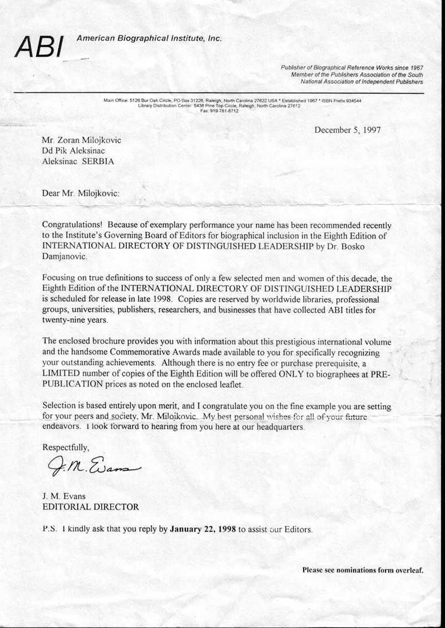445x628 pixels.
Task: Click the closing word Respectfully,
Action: pyautogui.click(x=65, y=447)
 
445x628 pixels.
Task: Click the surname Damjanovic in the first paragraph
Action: pyautogui.click(x=66, y=256)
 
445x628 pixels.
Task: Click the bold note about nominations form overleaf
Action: pyautogui.click(x=363, y=570)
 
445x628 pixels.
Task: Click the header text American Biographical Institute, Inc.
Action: pyautogui.click(x=149, y=39)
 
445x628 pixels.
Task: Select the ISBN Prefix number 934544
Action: pyautogui.click(x=352, y=101)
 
